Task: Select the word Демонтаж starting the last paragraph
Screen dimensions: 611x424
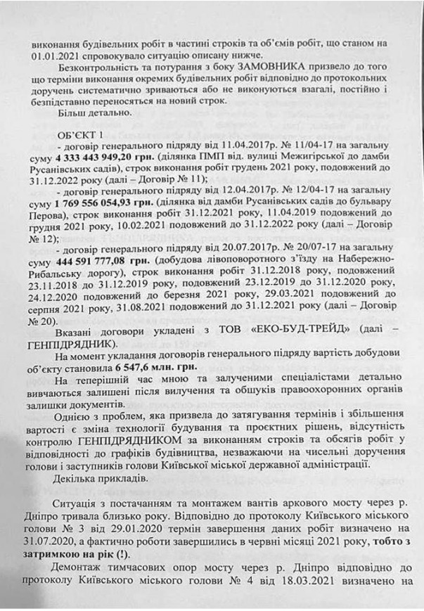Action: pos(79,572)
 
